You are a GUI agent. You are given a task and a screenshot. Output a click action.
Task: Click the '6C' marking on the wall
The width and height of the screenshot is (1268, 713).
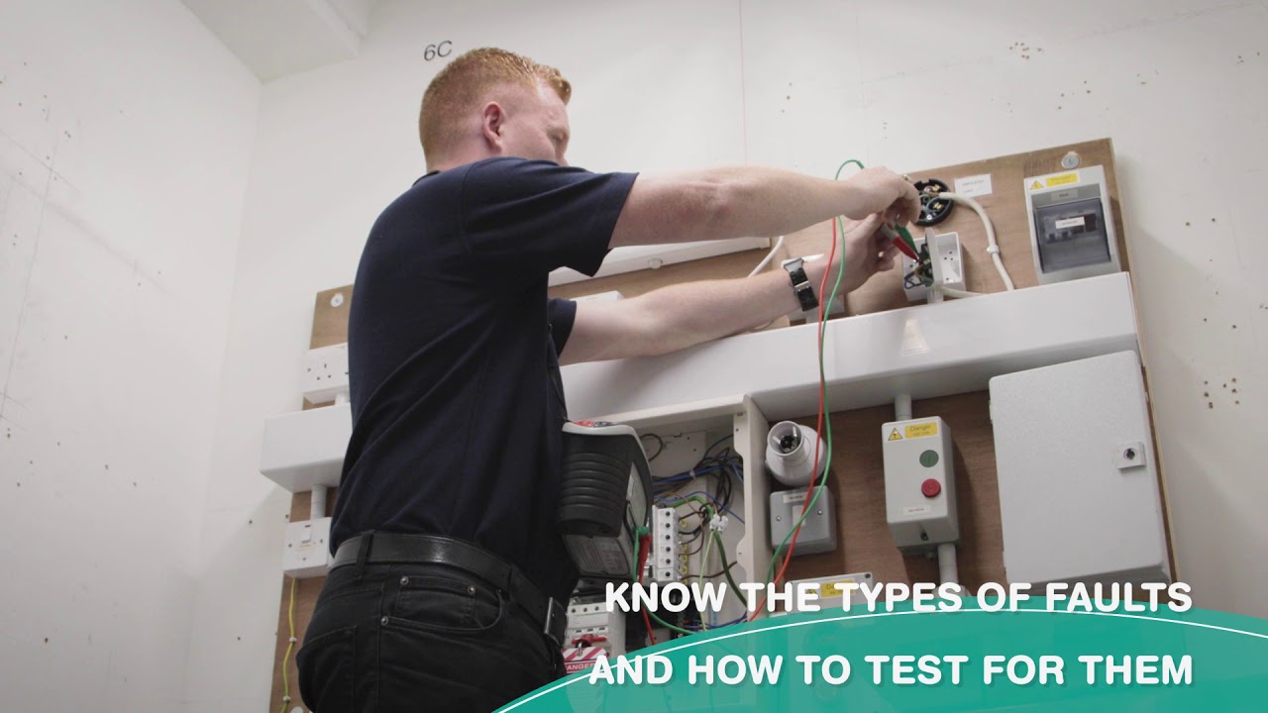[x=437, y=51]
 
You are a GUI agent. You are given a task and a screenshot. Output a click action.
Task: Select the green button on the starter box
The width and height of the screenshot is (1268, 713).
[x=928, y=458]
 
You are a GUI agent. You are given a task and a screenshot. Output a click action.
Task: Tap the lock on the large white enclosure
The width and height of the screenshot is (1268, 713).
[x=1128, y=456]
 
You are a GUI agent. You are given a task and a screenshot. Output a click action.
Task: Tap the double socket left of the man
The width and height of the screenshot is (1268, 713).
[x=325, y=372]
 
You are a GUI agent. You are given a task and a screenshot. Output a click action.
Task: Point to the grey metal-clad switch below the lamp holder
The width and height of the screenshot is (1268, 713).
[x=802, y=519]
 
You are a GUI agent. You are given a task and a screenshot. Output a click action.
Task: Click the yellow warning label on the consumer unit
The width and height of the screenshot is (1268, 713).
[x=1052, y=181]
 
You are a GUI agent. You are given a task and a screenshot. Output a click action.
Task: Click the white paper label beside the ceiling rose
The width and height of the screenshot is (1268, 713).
[x=974, y=186]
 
